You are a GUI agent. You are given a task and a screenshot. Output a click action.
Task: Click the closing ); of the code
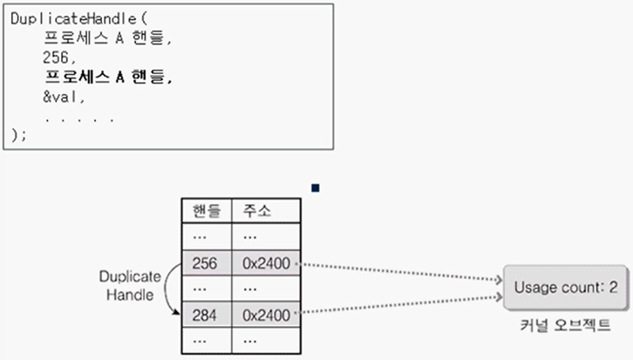tap(19, 134)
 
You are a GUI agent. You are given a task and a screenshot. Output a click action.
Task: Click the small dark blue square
tap(316, 187)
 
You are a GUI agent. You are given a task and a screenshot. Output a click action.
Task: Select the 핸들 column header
tap(207, 211)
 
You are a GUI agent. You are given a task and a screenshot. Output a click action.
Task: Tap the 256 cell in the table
tap(206, 262)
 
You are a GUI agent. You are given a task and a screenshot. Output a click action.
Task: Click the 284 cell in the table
tap(206, 313)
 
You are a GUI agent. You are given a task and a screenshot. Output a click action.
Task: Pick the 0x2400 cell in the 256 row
tap(267, 262)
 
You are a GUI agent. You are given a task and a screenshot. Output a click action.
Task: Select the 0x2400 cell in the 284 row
tap(267, 313)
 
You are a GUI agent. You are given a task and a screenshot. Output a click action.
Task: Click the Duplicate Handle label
tap(129, 286)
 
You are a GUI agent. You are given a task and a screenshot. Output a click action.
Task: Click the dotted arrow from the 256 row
tap(401, 271)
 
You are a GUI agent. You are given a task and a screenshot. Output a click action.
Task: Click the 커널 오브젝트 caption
tap(562, 325)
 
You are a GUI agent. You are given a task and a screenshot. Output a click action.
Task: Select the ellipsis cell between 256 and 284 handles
tap(206, 287)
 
